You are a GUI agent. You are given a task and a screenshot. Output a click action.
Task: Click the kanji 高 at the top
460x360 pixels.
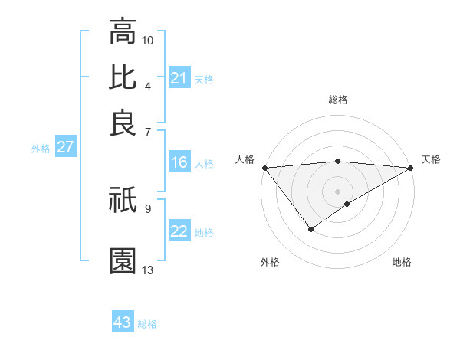coord(123,31)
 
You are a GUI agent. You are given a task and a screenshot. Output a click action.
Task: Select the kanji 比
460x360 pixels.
coord(123,77)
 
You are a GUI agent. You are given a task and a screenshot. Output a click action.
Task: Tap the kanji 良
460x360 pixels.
coord(123,123)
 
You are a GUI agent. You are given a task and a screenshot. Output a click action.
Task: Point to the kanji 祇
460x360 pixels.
coord(123,201)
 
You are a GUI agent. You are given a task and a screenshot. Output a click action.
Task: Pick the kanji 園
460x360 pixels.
coord(123,260)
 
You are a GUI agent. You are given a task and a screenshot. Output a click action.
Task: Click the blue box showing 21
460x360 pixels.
coord(179,78)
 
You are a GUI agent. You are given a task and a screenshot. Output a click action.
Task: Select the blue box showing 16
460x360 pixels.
coord(179,162)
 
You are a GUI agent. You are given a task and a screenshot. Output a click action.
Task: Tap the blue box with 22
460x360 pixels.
coord(179,231)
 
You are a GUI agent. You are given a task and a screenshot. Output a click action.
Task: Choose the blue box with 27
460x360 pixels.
coord(65,148)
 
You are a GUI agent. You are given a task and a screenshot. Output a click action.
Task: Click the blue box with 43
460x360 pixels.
coord(123,322)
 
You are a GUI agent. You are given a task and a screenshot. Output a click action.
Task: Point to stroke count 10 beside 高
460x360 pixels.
coord(148,40)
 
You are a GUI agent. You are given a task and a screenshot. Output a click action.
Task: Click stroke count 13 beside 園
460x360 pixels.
coord(148,270)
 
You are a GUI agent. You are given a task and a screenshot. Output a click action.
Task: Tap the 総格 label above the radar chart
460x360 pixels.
coord(338,100)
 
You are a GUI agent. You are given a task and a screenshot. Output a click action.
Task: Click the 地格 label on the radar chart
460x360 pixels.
coord(402,263)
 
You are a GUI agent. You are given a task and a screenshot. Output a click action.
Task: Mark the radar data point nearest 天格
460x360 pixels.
coord(412,168)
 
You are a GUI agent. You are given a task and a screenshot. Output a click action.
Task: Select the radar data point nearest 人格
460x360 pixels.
coord(264,168)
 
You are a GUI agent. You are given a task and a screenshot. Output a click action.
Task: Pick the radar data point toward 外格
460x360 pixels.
coord(310,229)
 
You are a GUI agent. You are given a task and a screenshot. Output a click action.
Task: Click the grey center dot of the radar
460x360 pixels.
coord(337,191)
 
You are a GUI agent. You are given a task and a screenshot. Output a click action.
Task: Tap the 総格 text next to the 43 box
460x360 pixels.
coord(147,324)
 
